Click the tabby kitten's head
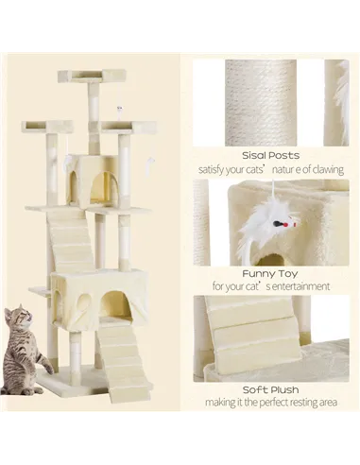pyautogui.click(x=20, y=320)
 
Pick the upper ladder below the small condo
pyautogui.click(x=78, y=241)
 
